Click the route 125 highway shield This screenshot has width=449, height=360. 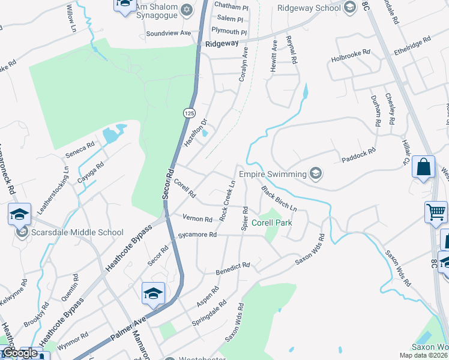tap(189, 113)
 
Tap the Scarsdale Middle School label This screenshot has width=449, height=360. tap(79, 232)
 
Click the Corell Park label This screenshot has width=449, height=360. tap(271, 223)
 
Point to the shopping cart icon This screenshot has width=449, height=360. tap(436, 212)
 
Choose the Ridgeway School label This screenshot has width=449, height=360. tap(309, 8)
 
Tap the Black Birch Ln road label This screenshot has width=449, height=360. tap(279, 198)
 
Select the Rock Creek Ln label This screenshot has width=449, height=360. tap(226, 200)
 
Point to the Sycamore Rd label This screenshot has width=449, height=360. tap(197, 235)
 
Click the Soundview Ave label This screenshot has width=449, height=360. tap(168, 33)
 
